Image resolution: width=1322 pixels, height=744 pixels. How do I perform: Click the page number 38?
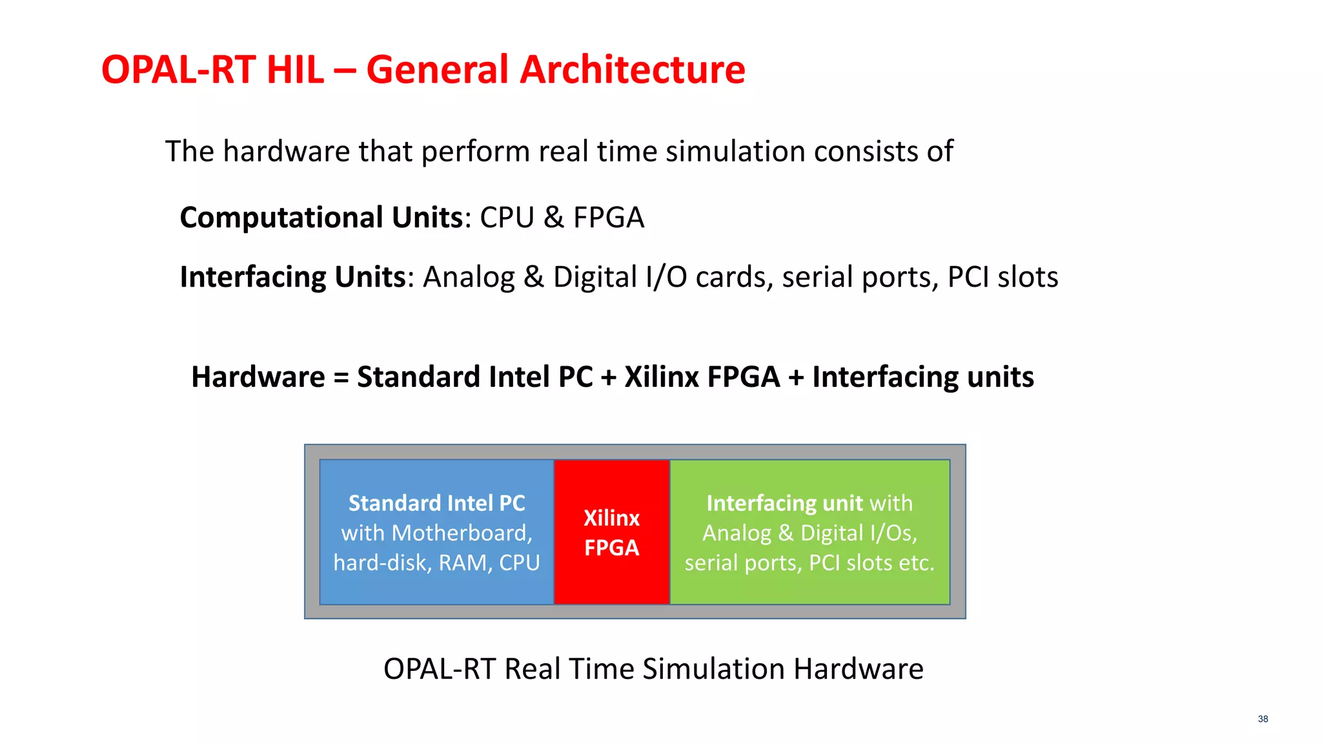[x=1263, y=719]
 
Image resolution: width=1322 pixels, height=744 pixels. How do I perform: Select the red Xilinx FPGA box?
[x=611, y=532]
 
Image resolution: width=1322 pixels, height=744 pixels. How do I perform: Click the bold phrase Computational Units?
[x=321, y=218]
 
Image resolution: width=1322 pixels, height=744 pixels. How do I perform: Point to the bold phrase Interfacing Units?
[x=292, y=277]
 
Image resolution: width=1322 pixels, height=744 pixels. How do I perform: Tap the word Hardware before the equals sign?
[x=258, y=377]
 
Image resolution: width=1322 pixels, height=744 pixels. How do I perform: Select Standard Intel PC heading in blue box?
[x=436, y=503]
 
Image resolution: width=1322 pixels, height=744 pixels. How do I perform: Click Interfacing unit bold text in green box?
[x=784, y=503]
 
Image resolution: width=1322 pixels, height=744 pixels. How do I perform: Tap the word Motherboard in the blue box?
[x=462, y=533]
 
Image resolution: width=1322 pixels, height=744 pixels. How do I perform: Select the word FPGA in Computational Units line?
[x=609, y=218]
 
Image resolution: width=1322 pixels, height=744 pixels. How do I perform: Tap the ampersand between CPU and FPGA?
[x=553, y=218]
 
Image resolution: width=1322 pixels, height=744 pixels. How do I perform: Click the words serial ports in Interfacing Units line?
[x=856, y=277]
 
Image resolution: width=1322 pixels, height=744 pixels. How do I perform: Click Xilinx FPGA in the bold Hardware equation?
[x=702, y=377]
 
